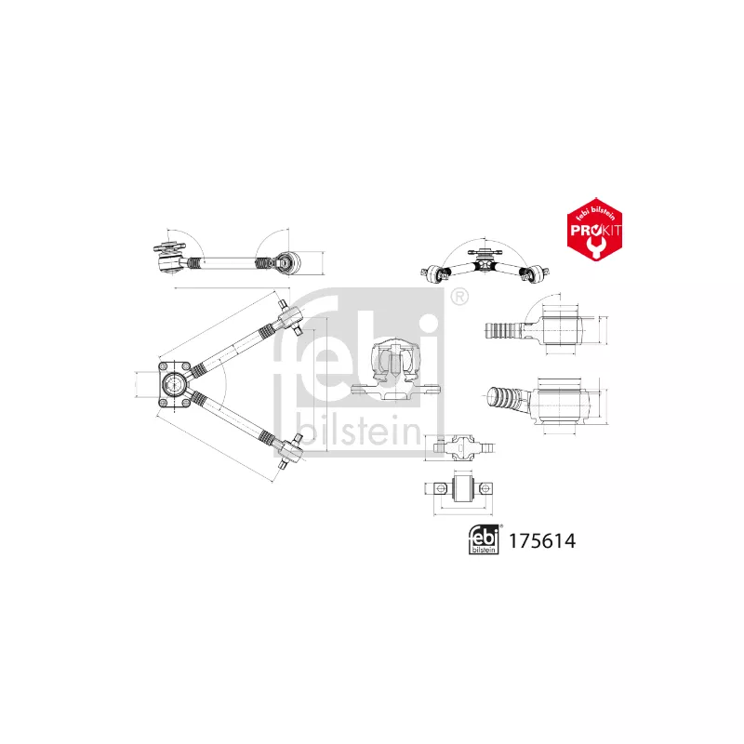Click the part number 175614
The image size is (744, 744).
click(542, 541)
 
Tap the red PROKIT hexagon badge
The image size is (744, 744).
click(594, 229)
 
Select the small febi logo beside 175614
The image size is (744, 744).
click(484, 540)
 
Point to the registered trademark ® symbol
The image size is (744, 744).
click(458, 297)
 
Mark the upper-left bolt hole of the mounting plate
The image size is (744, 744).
click(164, 366)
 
